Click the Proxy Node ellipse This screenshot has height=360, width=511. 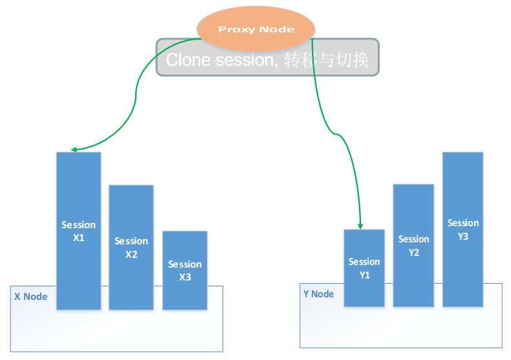pyautogui.click(x=256, y=29)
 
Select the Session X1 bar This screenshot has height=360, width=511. pyautogui.click(x=78, y=231)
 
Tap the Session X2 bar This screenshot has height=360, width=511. pyautogui.click(x=131, y=248)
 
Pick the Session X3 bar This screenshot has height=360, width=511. pyautogui.click(x=185, y=270)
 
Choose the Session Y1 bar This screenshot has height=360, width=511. pyautogui.click(x=364, y=268)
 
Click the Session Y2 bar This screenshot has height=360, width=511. pyautogui.click(x=413, y=246)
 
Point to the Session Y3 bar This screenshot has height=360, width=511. pyautogui.click(x=462, y=229)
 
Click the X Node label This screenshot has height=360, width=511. pyautogui.click(x=31, y=297)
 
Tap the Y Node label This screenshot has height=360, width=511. pyautogui.click(x=318, y=294)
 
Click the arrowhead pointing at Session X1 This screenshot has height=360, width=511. pyautogui.click(x=74, y=150)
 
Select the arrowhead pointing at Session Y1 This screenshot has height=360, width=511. pyautogui.click(x=360, y=227)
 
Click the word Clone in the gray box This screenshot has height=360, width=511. pyautogui.click(x=188, y=60)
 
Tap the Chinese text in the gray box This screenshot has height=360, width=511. pyautogui.click(x=327, y=60)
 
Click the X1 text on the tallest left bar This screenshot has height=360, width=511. pyautogui.click(x=78, y=238)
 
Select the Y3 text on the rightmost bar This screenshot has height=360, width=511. pyautogui.click(x=462, y=237)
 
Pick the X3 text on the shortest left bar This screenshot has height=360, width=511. pyautogui.click(x=185, y=277)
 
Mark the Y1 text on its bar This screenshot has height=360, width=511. pyautogui.click(x=364, y=275)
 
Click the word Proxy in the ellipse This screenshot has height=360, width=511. pyautogui.click(x=237, y=30)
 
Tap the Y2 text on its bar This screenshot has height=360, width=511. pyautogui.click(x=413, y=253)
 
